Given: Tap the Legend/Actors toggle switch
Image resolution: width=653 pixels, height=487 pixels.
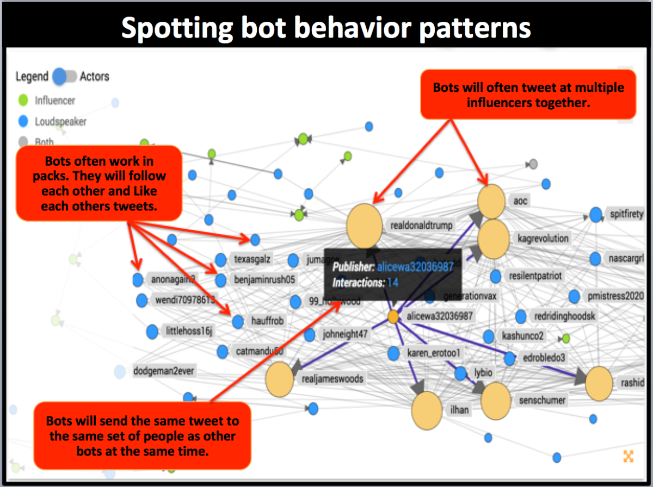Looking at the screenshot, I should tap(65, 77).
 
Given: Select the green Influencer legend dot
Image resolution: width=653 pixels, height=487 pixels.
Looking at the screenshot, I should tap(23, 101).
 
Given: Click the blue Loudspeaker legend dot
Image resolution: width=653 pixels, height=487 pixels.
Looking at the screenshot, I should tap(23, 122).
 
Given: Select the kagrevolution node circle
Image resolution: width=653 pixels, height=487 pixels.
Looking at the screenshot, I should tap(493, 239).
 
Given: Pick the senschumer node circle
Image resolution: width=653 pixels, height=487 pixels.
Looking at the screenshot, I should tap(496, 401).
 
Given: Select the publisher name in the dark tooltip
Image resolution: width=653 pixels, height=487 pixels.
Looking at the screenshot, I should tap(416, 267).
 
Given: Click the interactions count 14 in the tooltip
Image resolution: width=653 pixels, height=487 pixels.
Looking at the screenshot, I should tap(393, 283).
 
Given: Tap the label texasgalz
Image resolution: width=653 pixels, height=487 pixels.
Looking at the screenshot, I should tap(252, 259).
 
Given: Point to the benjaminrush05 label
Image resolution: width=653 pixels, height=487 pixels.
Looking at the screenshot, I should tap(264, 280).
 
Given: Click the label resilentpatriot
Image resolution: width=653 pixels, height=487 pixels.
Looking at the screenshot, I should tap(535, 276).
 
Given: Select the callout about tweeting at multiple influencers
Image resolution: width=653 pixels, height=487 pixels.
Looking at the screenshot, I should tap(528, 95).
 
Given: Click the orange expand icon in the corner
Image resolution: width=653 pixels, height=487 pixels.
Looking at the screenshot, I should tap(628, 456).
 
